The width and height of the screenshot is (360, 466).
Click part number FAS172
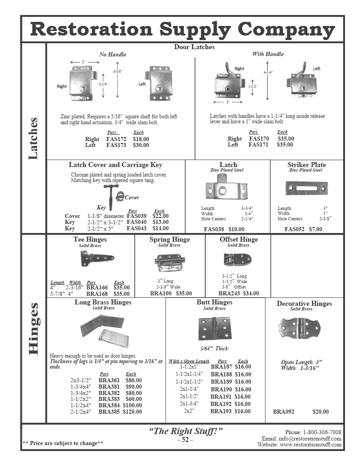tap(116, 139)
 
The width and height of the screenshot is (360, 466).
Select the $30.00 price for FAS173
tap(141, 145)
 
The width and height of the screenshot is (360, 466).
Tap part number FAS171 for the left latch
tap(259, 145)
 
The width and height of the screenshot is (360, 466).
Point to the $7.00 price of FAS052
tap(315, 229)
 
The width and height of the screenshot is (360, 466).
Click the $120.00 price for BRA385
tap(132, 411)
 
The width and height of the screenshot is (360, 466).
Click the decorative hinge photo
tap(299, 328)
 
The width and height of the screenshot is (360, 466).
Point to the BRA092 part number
tap(284, 412)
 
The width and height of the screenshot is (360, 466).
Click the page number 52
tap(185, 440)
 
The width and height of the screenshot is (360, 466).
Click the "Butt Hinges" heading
tap(214, 302)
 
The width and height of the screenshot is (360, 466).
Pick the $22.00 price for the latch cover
tap(160, 216)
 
